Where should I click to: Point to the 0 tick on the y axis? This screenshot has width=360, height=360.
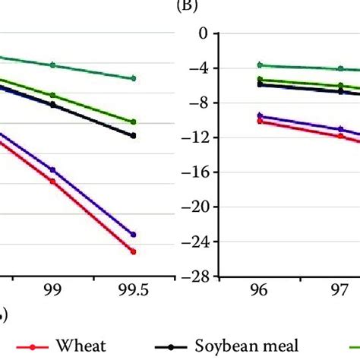pyautogui.click(x=203, y=34)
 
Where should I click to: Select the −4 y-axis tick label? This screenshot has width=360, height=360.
pyautogui.click(x=199, y=68)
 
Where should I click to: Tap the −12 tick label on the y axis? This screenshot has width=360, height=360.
pyautogui.click(x=196, y=137)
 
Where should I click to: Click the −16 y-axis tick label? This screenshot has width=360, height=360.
pyautogui.click(x=196, y=172)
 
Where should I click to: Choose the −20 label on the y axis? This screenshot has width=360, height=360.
pyautogui.click(x=196, y=207)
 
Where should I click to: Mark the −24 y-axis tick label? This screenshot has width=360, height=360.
pyautogui.click(x=196, y=242)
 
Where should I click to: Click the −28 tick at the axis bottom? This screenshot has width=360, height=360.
pyautogui.click(x=196, y=276)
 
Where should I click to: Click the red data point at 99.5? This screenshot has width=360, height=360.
pyautogui.click(x=134, y=251)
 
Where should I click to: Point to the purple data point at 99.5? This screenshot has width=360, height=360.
pyautogui.click(x=134, y=235)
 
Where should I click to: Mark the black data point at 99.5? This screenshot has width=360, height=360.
pyautogui.click(x=134, y=136)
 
